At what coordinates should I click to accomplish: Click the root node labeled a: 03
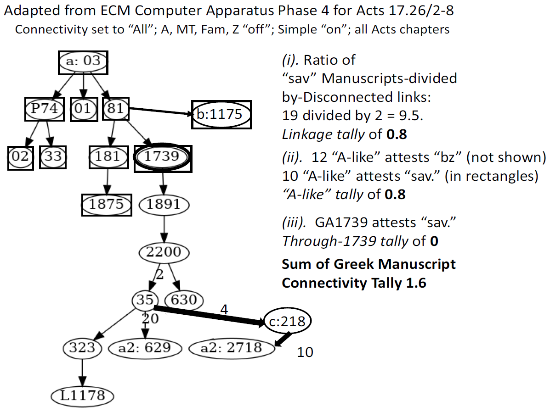tap(83, 62)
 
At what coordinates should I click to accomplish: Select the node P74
tap(45, 109)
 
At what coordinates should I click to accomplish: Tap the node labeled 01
tap(84, 109)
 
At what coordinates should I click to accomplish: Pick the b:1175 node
tap(221, 115)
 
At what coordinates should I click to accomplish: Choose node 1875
tap(107, 205)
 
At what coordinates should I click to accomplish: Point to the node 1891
tap(164, 205)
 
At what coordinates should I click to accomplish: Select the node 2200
tap(164, 252)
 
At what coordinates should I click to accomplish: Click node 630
tap(184, 300)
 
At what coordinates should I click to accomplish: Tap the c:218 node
tap(287, 321)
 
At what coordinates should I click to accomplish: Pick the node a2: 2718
tap(232, 348)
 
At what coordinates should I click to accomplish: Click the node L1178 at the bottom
tap(82, 396)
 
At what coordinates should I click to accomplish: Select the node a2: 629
tap(145, 348)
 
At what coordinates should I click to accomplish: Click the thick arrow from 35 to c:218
tap(210, 316)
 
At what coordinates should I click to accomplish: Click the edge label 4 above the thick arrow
tap(224, 310)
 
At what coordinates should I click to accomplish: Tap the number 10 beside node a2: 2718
tap(305, 352)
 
